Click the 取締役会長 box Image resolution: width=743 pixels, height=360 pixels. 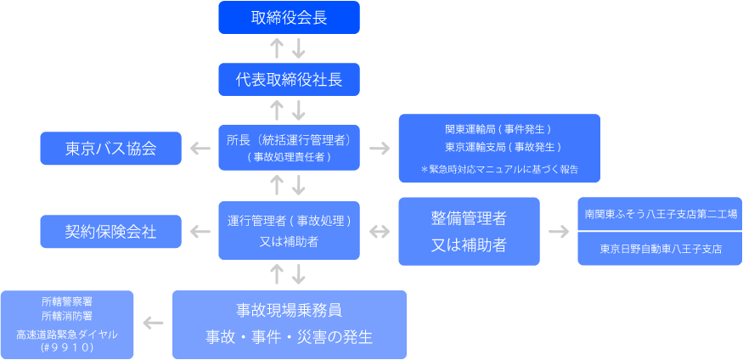pyautogui.click(x=289, y=17)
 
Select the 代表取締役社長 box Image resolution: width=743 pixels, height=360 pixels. pyautogui.click(x=289, y=80)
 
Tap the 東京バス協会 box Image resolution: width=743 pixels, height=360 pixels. pyautogui.click(x=111, y=149)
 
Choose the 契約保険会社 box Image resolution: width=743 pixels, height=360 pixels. pyautogui.click(x=111, y=231)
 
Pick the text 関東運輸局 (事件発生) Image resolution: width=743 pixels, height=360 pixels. pyautogui.click(x=498, y=129)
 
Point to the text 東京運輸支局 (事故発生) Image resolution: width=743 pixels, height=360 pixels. pyautogui.click(x=498, y=146)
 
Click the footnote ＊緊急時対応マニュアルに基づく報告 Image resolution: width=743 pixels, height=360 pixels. pyautogui.click(x=499, y=169)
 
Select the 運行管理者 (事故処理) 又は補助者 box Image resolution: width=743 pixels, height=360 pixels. pyautogui.click(x=289, y=230)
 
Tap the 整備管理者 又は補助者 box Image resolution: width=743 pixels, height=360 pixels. pyautogui.click(x=469, y=231)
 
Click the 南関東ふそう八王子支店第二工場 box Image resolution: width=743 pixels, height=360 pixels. pyautogui.click(x=661, y=215)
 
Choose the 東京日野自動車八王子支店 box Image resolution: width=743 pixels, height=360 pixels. pyautogui.click(x=661, y=250)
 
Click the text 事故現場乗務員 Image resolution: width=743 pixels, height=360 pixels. pyautogui.click(x=289, y=310)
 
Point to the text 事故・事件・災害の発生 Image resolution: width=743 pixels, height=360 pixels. pyautogui.click(x=289, y=336)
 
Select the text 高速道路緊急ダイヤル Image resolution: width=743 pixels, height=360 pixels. pyautogui.click(x=67, y=334)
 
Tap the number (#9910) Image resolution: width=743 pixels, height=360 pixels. pyautogui.click(x=67, y=348)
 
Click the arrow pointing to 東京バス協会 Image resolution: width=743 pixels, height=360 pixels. pyautogui.click(x=200, y=149)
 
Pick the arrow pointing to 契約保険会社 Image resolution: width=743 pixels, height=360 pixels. pyautogui.click(x=200, y=231)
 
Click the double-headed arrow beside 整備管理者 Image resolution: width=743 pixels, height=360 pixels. pyautogui.click(x=380, y=231)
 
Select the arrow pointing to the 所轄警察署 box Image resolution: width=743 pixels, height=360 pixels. pyautogui.click(x=154, y=323)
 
